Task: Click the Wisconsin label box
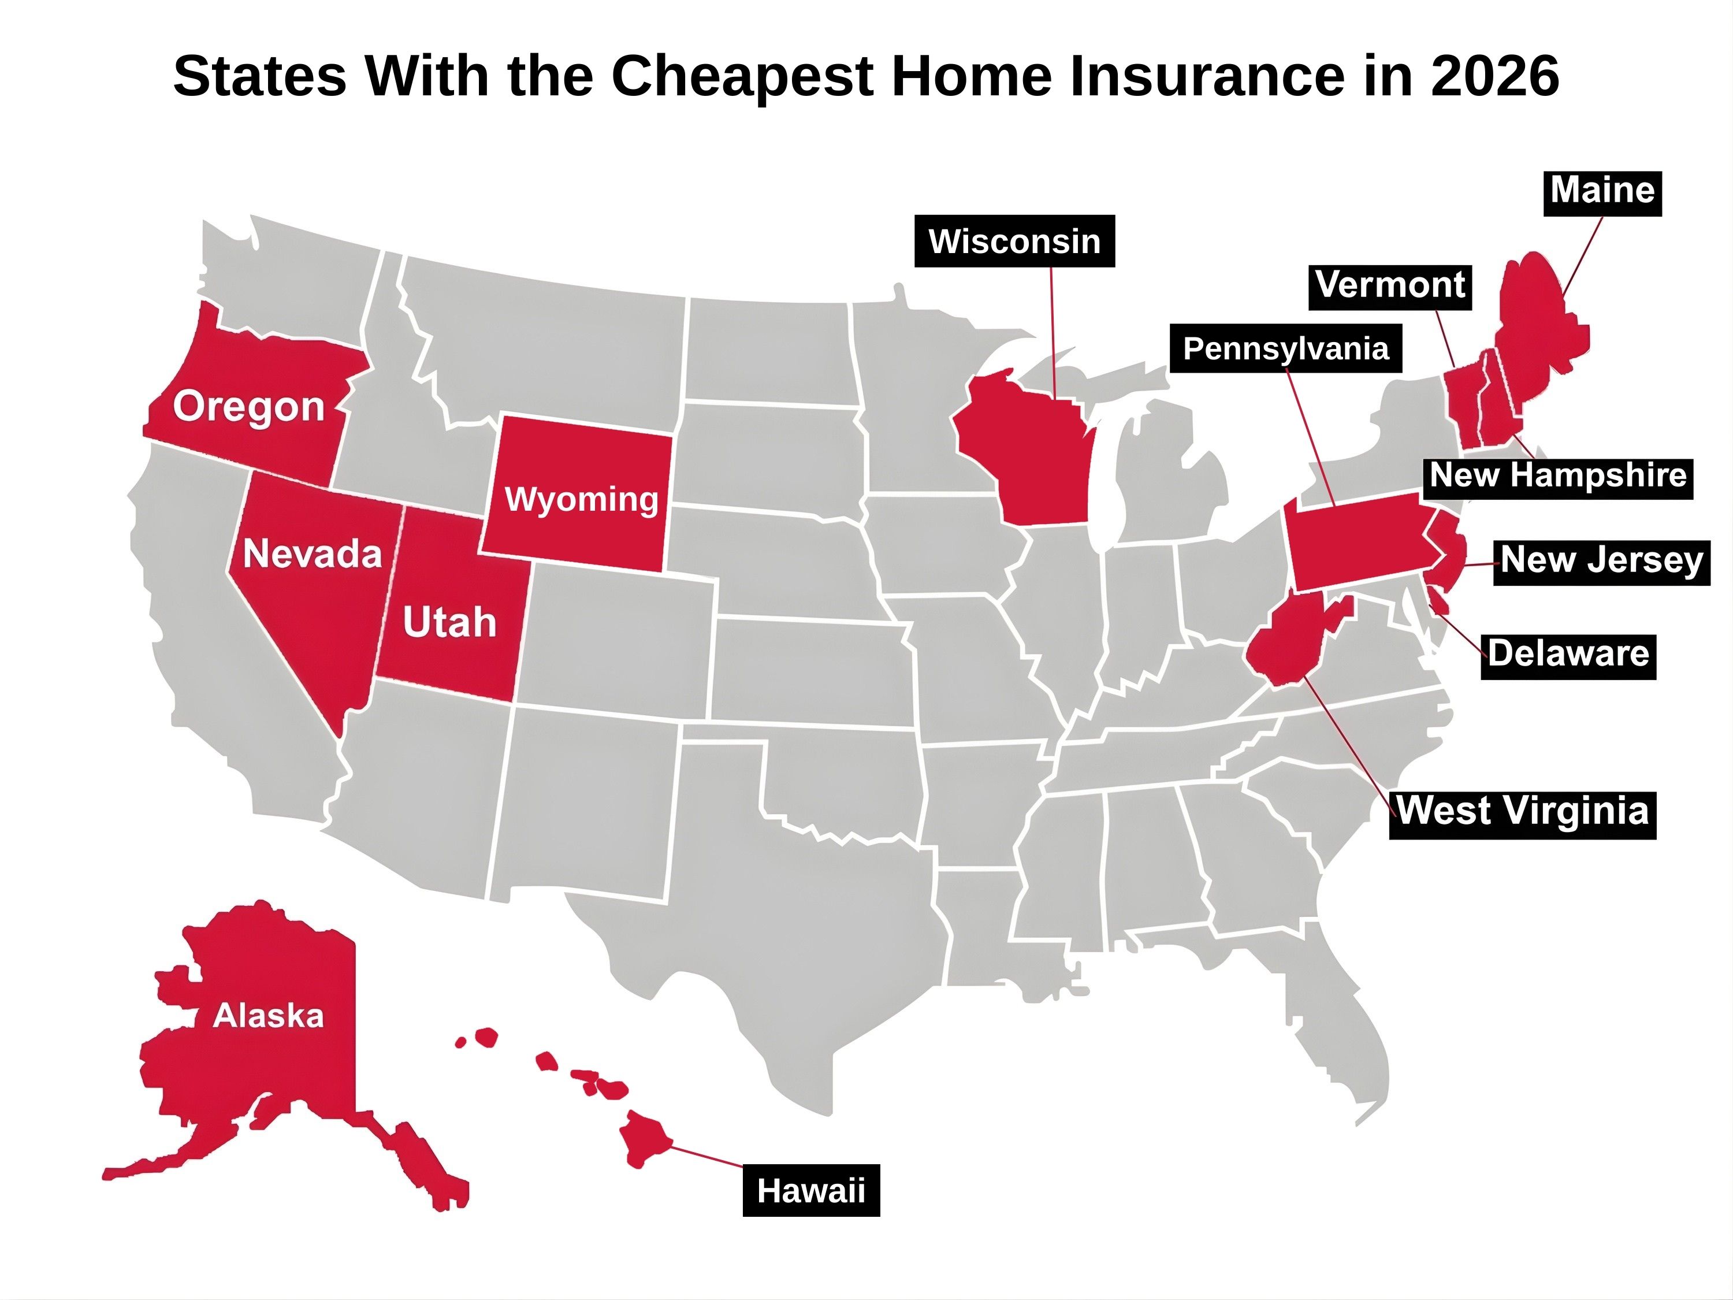pos(1014,242)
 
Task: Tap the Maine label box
pos(1602,191)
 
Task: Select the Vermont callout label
pos(1390,285)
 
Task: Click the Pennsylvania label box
pos(1286,349)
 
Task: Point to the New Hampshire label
pos(1557,476)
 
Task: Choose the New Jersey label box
pos(1601,560)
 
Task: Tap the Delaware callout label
pos(1568,653)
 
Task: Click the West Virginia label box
pos(1522,811)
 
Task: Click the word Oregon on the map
pos(249,407)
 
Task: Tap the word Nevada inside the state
pos(312,554)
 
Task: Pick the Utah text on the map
pos(449,623)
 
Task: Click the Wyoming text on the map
pos(581,499)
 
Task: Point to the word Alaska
pos(268,1016)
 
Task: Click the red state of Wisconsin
pos(1030,455)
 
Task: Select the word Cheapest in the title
pos(741,77)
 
